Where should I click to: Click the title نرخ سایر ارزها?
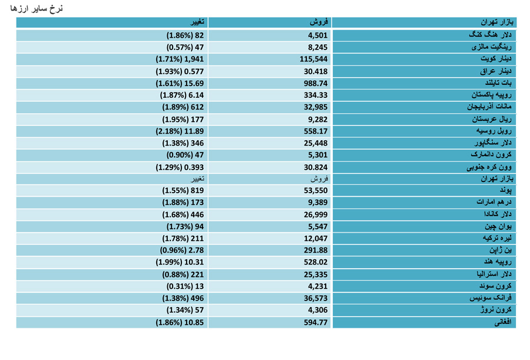[x=37, y=8]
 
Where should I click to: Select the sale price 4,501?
[x=318, y=35]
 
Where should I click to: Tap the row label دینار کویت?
[x=496, y=59]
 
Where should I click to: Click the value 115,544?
[x=314, y=59]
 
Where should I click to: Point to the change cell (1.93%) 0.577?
[x=180, y=71]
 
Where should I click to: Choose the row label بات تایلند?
[x=498, y=83]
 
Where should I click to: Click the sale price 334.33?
[x=316, y=95]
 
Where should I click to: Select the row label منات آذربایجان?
[x=489, y=107]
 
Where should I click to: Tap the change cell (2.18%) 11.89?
[x=180, y=131]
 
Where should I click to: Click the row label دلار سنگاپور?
[x=493, y=143]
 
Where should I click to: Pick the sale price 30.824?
[x=316, y=167]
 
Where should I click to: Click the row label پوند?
[x=506, y=190]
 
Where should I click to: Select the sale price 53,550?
[x=316, y=190]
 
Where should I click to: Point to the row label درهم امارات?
[x=494, y=202]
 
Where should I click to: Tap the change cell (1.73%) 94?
[x=185, y=227]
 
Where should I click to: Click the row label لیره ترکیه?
[x=497, y=238]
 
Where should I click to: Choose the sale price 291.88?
[x=316, y=250]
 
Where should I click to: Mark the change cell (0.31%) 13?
[x=185, y=286]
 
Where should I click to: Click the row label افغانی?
[x=503, y=322]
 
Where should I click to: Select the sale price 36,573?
[x=316, y=298]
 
